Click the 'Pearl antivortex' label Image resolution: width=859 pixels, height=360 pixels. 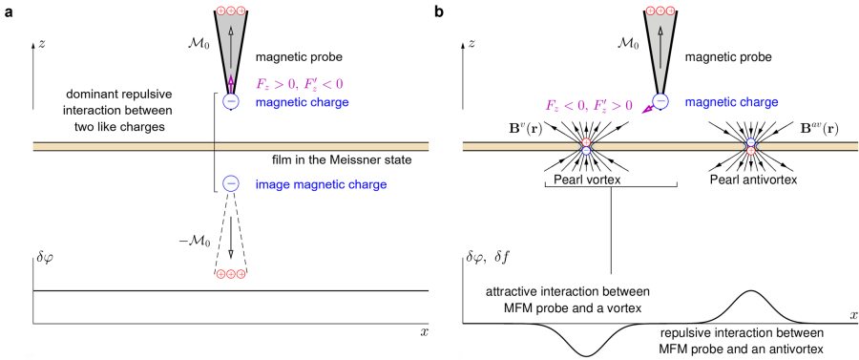[750, 177]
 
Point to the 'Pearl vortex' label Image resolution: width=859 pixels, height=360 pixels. [583, 177]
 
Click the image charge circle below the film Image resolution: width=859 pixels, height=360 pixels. [230, 184]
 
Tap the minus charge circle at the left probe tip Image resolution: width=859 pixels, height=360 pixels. [230, 101]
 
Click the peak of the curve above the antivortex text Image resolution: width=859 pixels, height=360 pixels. [750, 291]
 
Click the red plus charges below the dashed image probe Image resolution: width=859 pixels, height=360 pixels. [230, 275]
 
